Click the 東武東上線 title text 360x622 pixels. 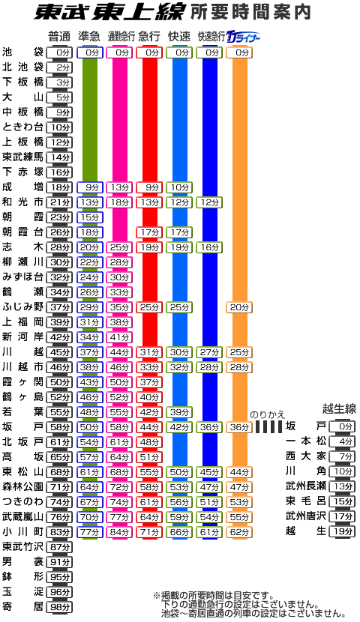coord(108,13)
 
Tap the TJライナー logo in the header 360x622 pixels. coord(242,37)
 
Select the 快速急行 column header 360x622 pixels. coord(211,37)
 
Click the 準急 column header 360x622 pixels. coord(89,37)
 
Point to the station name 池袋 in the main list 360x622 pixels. coord(22,52)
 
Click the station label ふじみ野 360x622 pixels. coord(22,307)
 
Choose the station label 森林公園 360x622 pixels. coord(22,486)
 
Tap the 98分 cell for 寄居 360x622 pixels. coord(59,607)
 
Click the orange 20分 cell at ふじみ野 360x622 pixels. coord(239,307)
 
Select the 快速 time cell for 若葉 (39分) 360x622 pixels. coord(179,412)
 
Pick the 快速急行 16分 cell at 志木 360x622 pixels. coord(209,247)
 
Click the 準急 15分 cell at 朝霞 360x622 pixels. coord(90,217)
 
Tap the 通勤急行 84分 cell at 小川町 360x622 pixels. coord(119,532)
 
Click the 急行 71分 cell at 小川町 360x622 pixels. coord(149,532)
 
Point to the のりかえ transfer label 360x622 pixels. coord(267,415)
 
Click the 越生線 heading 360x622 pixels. coord(339,408)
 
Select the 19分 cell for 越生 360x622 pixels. coord(342,531)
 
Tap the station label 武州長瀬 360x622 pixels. coord(305,486)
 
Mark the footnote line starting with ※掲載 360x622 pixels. coord(214,596)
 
